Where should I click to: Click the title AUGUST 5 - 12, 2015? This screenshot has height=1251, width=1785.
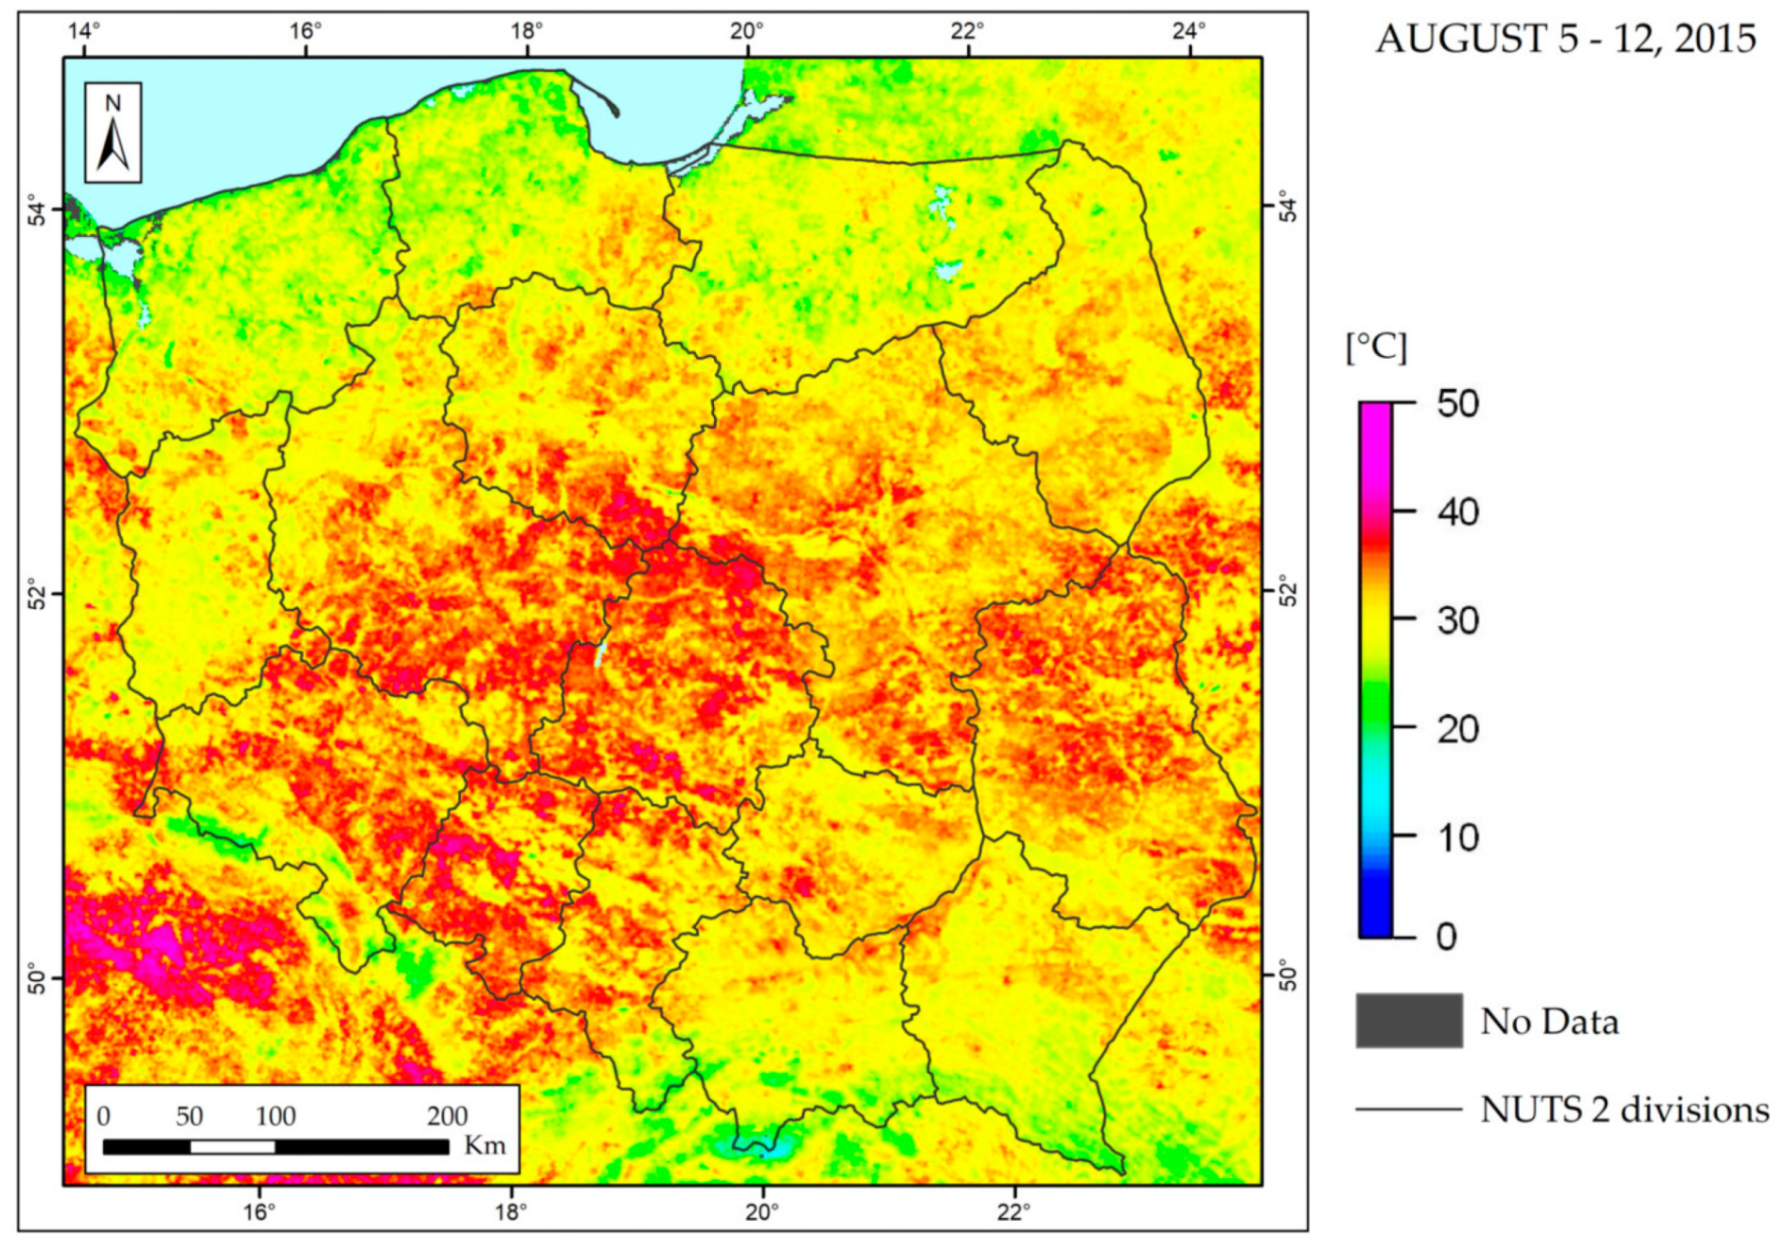pyautogui.click(x=1564, y=39)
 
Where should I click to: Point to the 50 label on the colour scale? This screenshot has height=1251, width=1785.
pyautogui.click(x=1457, y=404)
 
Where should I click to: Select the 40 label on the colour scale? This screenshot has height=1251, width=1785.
pyautogui.click(x=1457, y=513)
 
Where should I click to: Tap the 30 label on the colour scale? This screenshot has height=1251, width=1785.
pyautogui.click(x=1457, y=620)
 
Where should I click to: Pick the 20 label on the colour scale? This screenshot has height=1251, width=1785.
pyautogui.click(x=1457, y=729)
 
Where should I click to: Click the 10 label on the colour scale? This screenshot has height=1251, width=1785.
pyautogui.click(x=1457, y=838)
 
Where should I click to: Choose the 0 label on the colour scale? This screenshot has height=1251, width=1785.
pyautogui.click(x=1446, y=937)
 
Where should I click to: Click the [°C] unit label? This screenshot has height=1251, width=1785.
pyautogui.click(x=1376, y=348)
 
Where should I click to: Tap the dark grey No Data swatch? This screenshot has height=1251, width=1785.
pyautogui.click(x=1407, y=1020)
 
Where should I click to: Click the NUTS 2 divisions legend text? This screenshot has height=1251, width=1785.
pyautogui.click(x=1624, y=1110)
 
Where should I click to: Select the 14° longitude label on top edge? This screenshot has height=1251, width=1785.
pyautogui.click(x=83, y=32)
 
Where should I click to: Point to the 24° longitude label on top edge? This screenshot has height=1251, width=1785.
pyautogui.click(x=1188, y=32)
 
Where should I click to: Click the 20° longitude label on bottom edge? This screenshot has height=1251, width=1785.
pyautogui.click(x=761, y=1212)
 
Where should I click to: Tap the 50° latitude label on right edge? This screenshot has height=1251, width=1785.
pyautogui.click(x=1289, y=976)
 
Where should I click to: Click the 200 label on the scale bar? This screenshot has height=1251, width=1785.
pyautogui.click(x=447, y=1116)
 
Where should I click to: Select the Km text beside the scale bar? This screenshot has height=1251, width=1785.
pyautogui.click(x=484, y=1145)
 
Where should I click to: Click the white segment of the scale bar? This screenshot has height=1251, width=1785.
pyautogui.click(x=232, y=1146)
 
